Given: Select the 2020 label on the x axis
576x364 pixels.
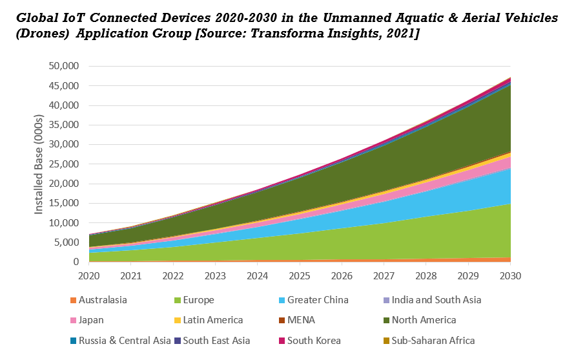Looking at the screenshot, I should click(x=90, y=275).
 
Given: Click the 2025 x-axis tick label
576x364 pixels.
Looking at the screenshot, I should click(x=300, y=275).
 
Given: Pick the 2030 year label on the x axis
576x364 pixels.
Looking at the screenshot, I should click(x=510, y=275).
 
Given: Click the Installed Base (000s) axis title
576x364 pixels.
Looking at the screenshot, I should click(x=39, y=164).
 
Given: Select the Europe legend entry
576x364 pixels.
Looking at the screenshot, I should click(x=198, y=300).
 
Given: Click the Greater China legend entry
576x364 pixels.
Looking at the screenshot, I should click(x=318, y=300).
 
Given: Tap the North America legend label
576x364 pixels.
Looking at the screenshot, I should click(x=423, y=320).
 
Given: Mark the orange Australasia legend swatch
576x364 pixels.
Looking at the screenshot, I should click(x=73, y=300).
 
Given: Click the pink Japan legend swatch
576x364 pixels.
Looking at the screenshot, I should click(x=73, y=320).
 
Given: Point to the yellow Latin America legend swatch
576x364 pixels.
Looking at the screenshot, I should click(x=178, y=320).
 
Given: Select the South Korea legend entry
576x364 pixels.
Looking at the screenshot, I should click(x=313, y=340).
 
